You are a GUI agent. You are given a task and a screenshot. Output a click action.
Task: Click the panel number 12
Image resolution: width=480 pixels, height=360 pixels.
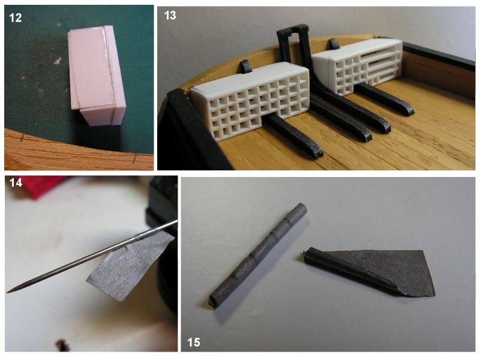click(16, 18)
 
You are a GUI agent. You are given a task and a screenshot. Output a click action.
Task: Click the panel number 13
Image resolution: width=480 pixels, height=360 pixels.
click(170, 16)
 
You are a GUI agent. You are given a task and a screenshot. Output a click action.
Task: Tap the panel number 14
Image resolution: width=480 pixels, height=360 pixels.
click(16, 183)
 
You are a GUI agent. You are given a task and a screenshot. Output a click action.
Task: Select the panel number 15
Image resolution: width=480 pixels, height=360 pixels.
click(193, 342)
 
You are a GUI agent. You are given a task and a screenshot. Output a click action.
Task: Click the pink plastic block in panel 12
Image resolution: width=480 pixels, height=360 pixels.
click(97, 75)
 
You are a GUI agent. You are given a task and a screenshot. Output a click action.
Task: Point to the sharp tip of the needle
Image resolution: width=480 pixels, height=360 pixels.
click(7, 292)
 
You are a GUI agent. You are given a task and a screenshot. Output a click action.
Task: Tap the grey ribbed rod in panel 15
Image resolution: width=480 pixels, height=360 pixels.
click(258, 256)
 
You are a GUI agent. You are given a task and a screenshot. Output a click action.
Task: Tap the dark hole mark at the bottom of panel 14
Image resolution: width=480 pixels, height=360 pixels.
click(63, 345)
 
